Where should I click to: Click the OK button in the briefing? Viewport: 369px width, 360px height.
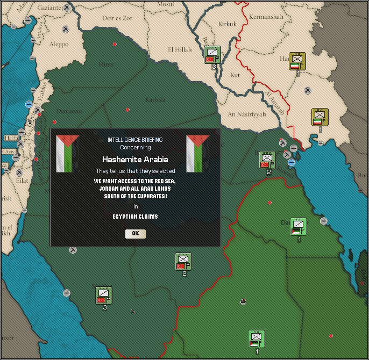(136, 233)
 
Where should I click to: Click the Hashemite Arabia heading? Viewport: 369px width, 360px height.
(135, 160)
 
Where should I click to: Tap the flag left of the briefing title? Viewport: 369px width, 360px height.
(67, 154)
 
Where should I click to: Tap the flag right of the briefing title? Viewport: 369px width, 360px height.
(197, 154)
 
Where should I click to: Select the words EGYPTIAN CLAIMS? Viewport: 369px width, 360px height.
(135, 217)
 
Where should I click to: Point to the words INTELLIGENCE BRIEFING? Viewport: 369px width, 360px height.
(135, 140)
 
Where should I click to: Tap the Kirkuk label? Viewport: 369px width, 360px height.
(227, 24)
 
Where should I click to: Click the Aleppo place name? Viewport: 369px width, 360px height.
(59, 45)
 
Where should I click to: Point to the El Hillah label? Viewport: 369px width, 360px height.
(180, 50)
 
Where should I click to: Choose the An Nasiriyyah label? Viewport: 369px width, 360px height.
(247, 114)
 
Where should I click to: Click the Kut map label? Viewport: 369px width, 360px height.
(235, 75)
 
